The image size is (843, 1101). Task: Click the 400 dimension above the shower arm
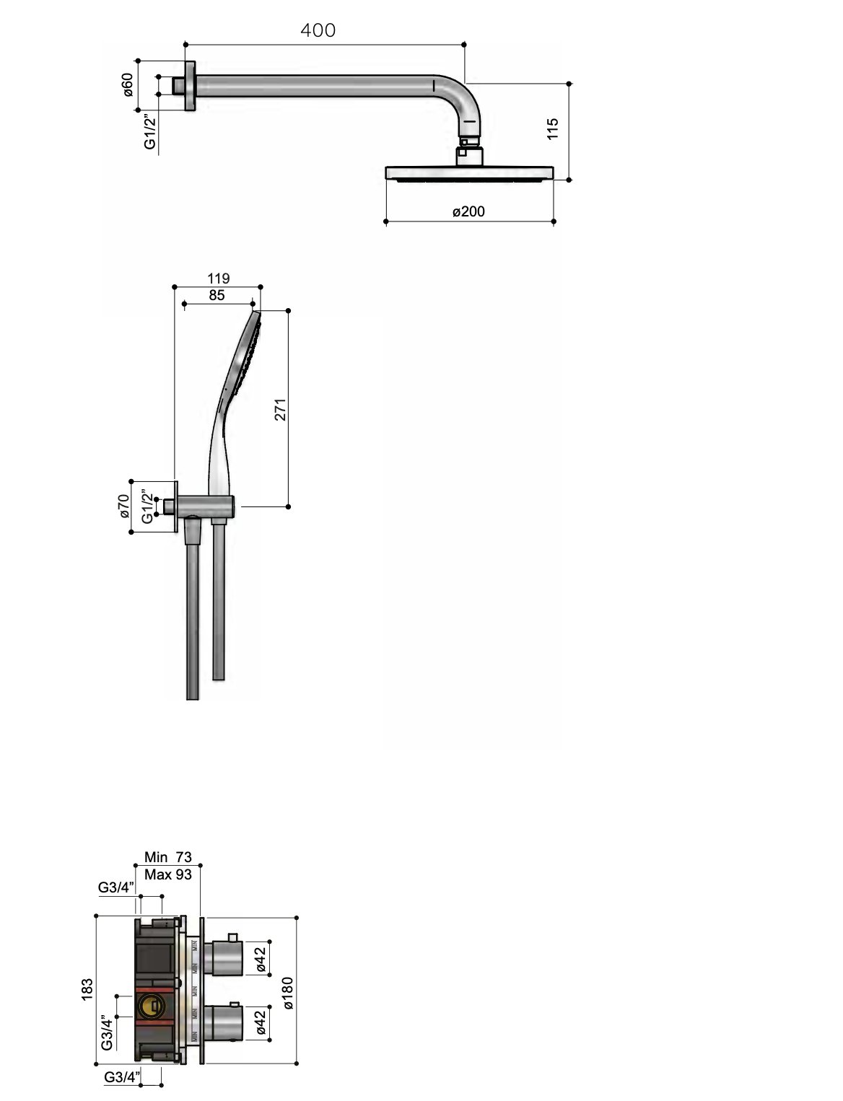(x=318, y=30)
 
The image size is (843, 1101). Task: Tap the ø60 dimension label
(x=127, y=86)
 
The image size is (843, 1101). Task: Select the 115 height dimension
(x=552, y=129)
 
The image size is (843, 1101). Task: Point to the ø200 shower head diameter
(x=469, y=211)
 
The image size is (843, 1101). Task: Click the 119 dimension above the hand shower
(x=218, y=278)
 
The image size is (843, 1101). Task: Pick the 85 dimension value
(x=216, y=295)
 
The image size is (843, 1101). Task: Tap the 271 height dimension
(x=281, y=409)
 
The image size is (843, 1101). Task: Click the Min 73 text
(x=168, y=857)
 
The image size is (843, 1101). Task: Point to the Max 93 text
(x=168, y=874)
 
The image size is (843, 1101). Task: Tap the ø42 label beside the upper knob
(x=261, y=960)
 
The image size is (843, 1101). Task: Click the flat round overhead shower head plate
(x=470, y=173)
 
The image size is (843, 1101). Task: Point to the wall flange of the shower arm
(x=190, y=86)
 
